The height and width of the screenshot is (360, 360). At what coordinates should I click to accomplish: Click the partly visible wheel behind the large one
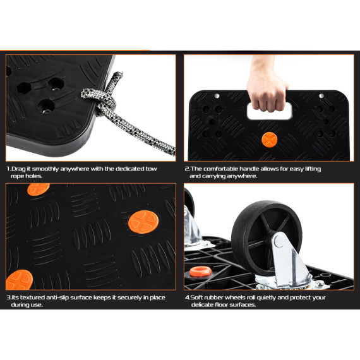191,221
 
